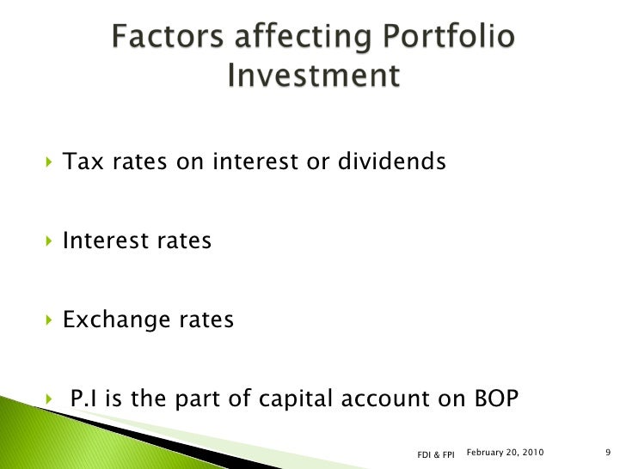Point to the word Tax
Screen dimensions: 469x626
(x=83, y=161)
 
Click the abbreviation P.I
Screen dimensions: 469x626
(x=87, y=399)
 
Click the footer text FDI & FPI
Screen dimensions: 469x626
(x=435, y=454)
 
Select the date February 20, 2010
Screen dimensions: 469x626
(x=504, y=451)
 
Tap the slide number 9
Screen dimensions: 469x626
(x=607, y=452)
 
